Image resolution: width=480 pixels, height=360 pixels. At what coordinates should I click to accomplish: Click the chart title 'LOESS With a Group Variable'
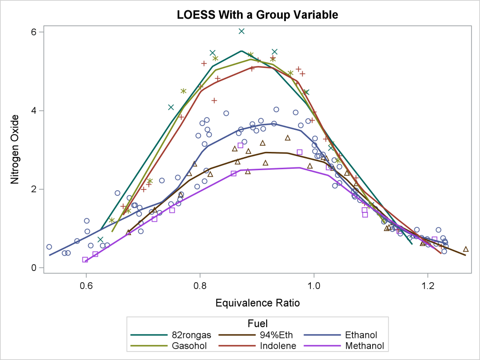click(x=257, y=15)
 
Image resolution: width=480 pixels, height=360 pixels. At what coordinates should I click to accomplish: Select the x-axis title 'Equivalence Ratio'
click(x=257, y=303)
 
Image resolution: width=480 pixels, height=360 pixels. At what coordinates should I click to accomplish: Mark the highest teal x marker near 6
click(x=241, y=31)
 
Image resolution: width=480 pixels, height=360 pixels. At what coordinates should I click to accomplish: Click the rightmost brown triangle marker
click(x=465, y=249)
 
